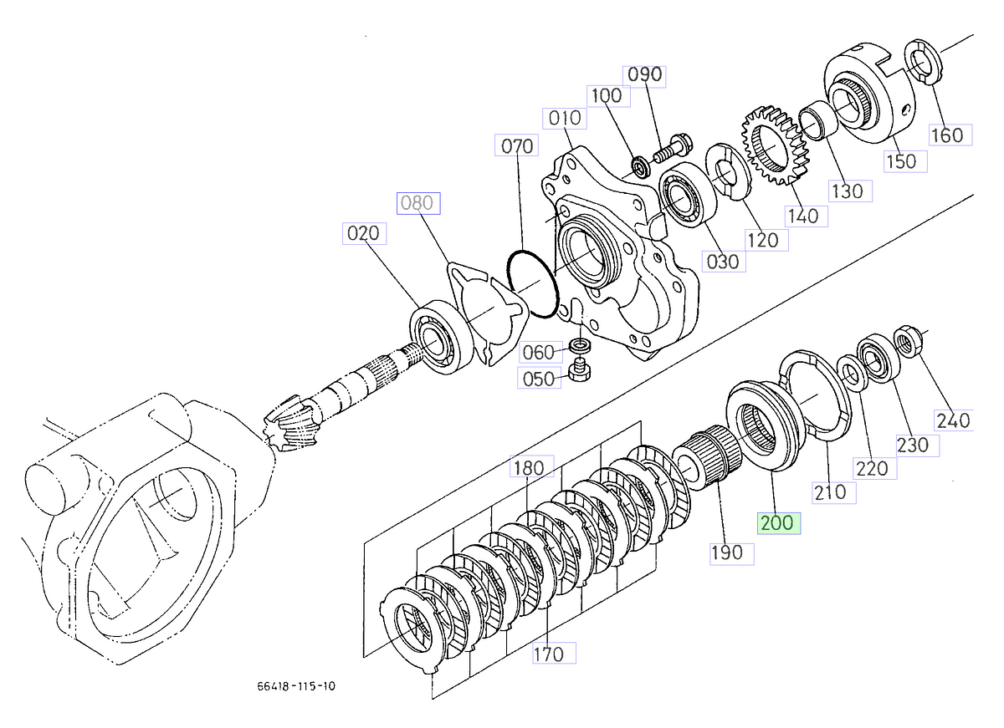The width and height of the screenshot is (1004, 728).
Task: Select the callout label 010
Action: [x=564, y=118]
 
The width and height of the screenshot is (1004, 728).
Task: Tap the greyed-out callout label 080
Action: [x=417, y=203]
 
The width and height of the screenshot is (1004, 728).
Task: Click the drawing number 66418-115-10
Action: [x=296, y=686]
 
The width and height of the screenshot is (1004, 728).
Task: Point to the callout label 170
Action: [x=548, y=654]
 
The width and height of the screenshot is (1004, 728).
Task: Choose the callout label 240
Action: [x=954, y=420]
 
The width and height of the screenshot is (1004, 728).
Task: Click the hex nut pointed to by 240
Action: [x=907, y=341]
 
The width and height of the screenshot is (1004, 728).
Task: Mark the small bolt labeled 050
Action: [x=579, y=369]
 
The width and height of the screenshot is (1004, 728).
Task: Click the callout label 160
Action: [x=947, y=135]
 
